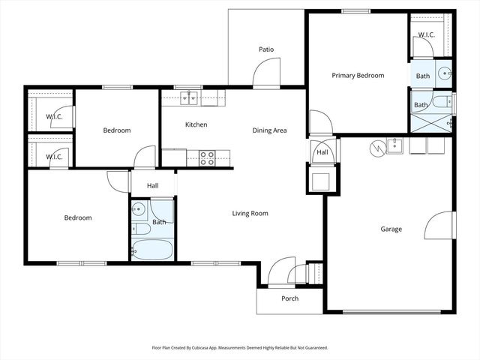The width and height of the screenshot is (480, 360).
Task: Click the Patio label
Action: [266, 49]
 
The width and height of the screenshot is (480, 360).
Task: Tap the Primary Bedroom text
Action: [358, 76]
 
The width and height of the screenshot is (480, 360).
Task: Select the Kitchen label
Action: [196, 124]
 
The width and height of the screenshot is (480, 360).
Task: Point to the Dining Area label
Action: [270, 130]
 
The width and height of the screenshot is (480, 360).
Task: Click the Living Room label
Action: [249, 214]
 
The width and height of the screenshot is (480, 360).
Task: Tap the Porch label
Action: [289, 298]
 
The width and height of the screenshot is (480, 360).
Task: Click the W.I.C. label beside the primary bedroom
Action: [427, 35]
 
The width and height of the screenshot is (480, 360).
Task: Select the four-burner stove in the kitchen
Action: [208, 157]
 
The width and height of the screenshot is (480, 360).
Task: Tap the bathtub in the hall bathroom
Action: [152, 249]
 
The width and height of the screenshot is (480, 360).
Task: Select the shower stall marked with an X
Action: [430, 122]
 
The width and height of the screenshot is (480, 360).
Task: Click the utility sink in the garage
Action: [394, 145]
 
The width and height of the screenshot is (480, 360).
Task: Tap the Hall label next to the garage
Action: [322, 152]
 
